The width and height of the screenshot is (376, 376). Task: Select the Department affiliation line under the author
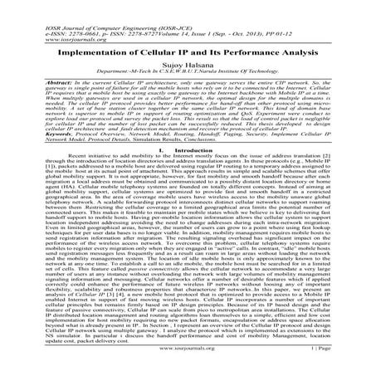[188, 71]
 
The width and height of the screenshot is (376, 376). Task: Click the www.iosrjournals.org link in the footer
[188, 364]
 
